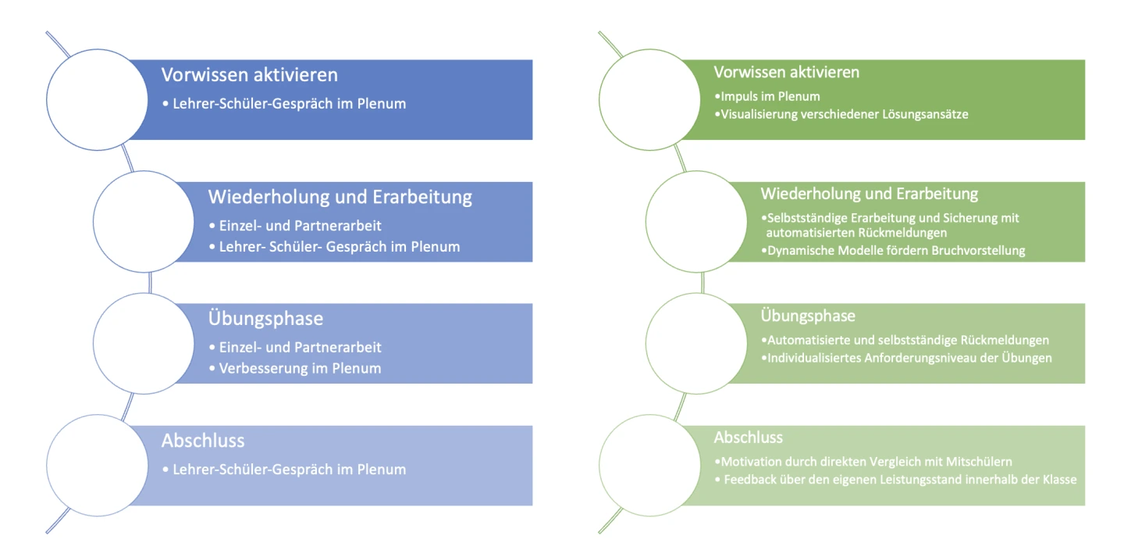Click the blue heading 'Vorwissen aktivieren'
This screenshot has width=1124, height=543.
(x=249, y=75)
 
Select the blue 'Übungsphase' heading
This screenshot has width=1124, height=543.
(x=265, y=319)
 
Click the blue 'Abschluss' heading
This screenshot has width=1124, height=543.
(x=203, y=441)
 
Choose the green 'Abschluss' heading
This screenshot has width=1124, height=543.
(x=748, y=438)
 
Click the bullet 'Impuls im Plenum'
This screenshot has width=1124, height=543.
(x=769, y=97)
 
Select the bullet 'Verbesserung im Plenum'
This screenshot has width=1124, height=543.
(x=299, y=368)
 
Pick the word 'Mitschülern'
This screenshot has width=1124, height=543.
(x=985, y=462)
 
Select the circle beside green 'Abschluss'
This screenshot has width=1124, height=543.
(x=649, y=465)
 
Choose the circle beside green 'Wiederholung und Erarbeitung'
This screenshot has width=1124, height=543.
(x=695, y=221)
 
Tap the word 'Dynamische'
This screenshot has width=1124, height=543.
(x=798, y=251)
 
